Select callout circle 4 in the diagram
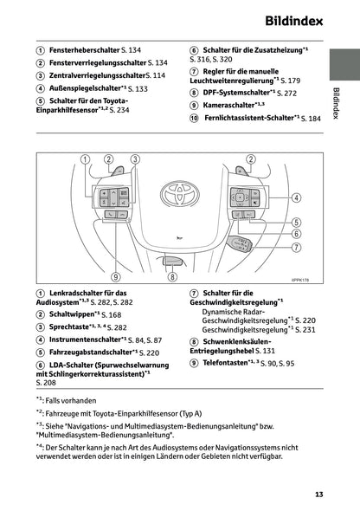pos(297,197)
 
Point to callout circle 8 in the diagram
pos(173,277)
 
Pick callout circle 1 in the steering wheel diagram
pos(85,158)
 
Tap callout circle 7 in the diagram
pos(297,247)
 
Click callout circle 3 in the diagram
pos(135,158)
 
